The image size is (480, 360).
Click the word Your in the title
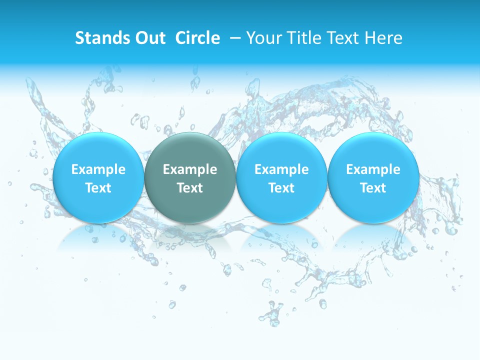coord(264,38)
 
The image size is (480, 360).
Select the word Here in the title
coord(384,38)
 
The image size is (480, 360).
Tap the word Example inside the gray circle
coord(190,169)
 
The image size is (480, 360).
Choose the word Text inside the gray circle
coord(190,188)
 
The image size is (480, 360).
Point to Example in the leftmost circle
coord(98,169)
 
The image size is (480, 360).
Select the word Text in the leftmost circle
coord(98,188)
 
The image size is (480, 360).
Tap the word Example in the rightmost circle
coord(373,169)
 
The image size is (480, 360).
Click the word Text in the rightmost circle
coord(373,188)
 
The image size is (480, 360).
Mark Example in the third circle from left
coord(281,169)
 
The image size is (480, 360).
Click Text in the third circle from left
coord(281,188)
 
